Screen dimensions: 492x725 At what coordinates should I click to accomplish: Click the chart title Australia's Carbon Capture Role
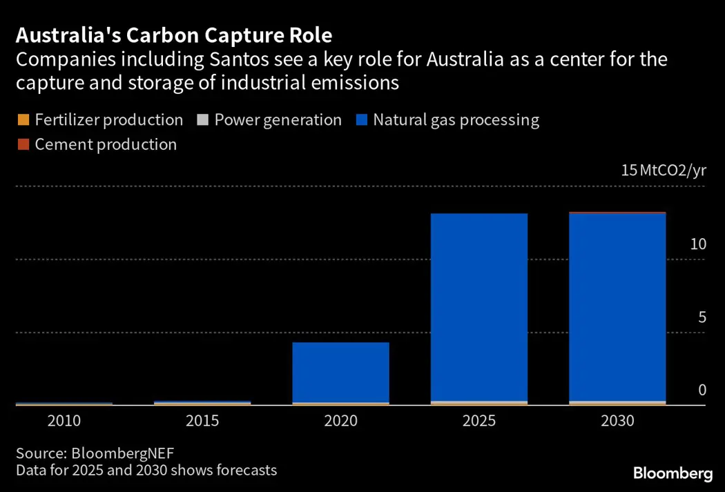pos(173,35)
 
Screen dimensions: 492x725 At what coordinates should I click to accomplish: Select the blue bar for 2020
pos(340,372)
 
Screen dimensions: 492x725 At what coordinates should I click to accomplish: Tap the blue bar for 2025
pos(478,307)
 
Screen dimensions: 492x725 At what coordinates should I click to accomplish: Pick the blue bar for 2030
pos(617,307)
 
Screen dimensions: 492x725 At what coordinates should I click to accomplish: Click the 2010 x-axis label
pos(64,421)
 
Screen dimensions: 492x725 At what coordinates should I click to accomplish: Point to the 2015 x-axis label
pos(202,421)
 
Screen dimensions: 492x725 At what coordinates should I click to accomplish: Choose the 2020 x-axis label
pos(340,421)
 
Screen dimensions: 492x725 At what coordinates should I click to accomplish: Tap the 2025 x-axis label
pos(478,421)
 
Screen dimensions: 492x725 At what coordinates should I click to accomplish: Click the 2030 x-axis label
pos(617,421)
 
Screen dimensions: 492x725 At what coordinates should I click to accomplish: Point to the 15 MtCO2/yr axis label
pos(663,170)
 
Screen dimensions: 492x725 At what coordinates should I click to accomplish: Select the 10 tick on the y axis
pos(698,244)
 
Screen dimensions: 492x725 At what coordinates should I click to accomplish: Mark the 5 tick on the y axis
pos(702,317)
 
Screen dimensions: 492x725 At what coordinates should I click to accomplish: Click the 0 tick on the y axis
pos(702,390)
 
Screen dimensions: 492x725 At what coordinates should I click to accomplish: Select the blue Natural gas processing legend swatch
pos(361,120)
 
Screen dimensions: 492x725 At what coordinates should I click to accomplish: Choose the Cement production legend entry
pos(105,144)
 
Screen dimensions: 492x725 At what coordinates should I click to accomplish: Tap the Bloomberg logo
pos(673,473)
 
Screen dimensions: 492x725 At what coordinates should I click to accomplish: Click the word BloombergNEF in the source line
pos(123,453)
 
